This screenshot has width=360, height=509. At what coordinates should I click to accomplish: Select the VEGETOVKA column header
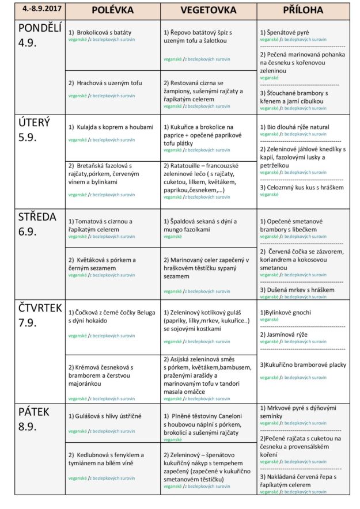[208, 11]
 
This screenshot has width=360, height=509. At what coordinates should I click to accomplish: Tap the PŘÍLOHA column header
[303, 11]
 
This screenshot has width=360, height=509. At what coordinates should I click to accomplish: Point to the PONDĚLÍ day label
[39, 29]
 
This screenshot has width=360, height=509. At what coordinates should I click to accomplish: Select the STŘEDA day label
[37, 217]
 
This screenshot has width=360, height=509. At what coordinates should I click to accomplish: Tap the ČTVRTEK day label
[40, 309]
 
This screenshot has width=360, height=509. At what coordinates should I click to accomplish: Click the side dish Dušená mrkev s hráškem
[300, 290]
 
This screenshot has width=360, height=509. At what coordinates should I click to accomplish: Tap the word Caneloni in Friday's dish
[228, 416]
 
